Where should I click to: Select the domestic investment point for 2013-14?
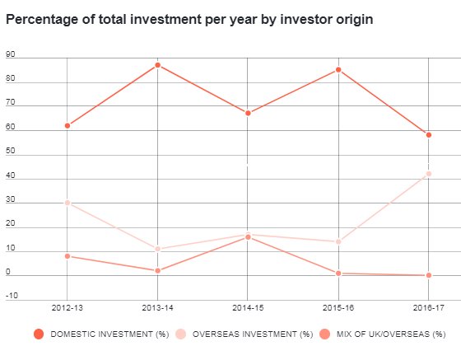[157, 65]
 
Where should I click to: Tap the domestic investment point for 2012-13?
[68, 125]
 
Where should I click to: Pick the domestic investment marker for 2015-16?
[338, 70]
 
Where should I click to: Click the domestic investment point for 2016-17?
[428, 135]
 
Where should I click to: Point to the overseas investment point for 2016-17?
[428, 174]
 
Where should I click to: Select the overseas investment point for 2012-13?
[68, 203]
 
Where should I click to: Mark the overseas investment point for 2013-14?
[157, 249]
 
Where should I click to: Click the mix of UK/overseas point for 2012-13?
[68, 256]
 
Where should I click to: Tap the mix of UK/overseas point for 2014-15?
[248, 236]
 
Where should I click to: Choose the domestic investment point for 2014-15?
[248, 113]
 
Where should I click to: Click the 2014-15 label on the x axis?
[248, 307]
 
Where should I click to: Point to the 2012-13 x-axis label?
[68, 307]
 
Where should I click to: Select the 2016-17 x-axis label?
[428, 307]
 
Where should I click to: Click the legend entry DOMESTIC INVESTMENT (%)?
[101, 334]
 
